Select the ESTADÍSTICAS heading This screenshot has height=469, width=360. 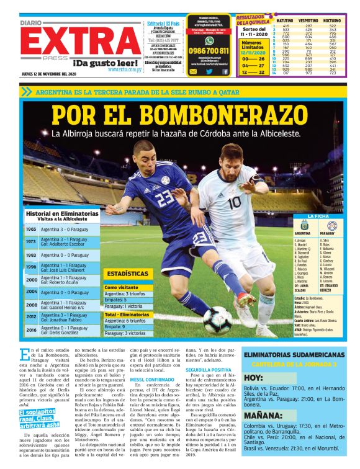tap(127, 273)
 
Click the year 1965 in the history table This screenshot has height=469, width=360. tap(30, 229)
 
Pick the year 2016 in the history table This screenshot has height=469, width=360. tap(30, 330)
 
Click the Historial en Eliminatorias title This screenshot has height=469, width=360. tap(62, 213)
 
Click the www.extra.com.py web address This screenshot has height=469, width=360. tap(125, 69)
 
